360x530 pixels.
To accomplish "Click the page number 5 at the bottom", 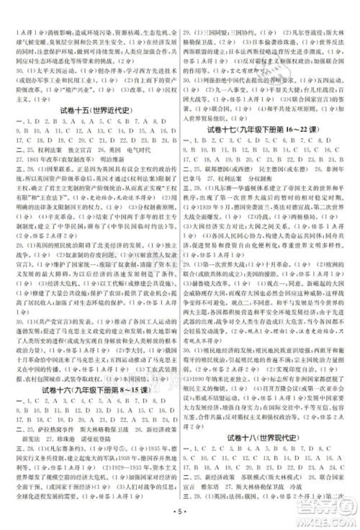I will coord(180,517).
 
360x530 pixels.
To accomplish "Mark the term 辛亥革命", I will coord(52,254).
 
